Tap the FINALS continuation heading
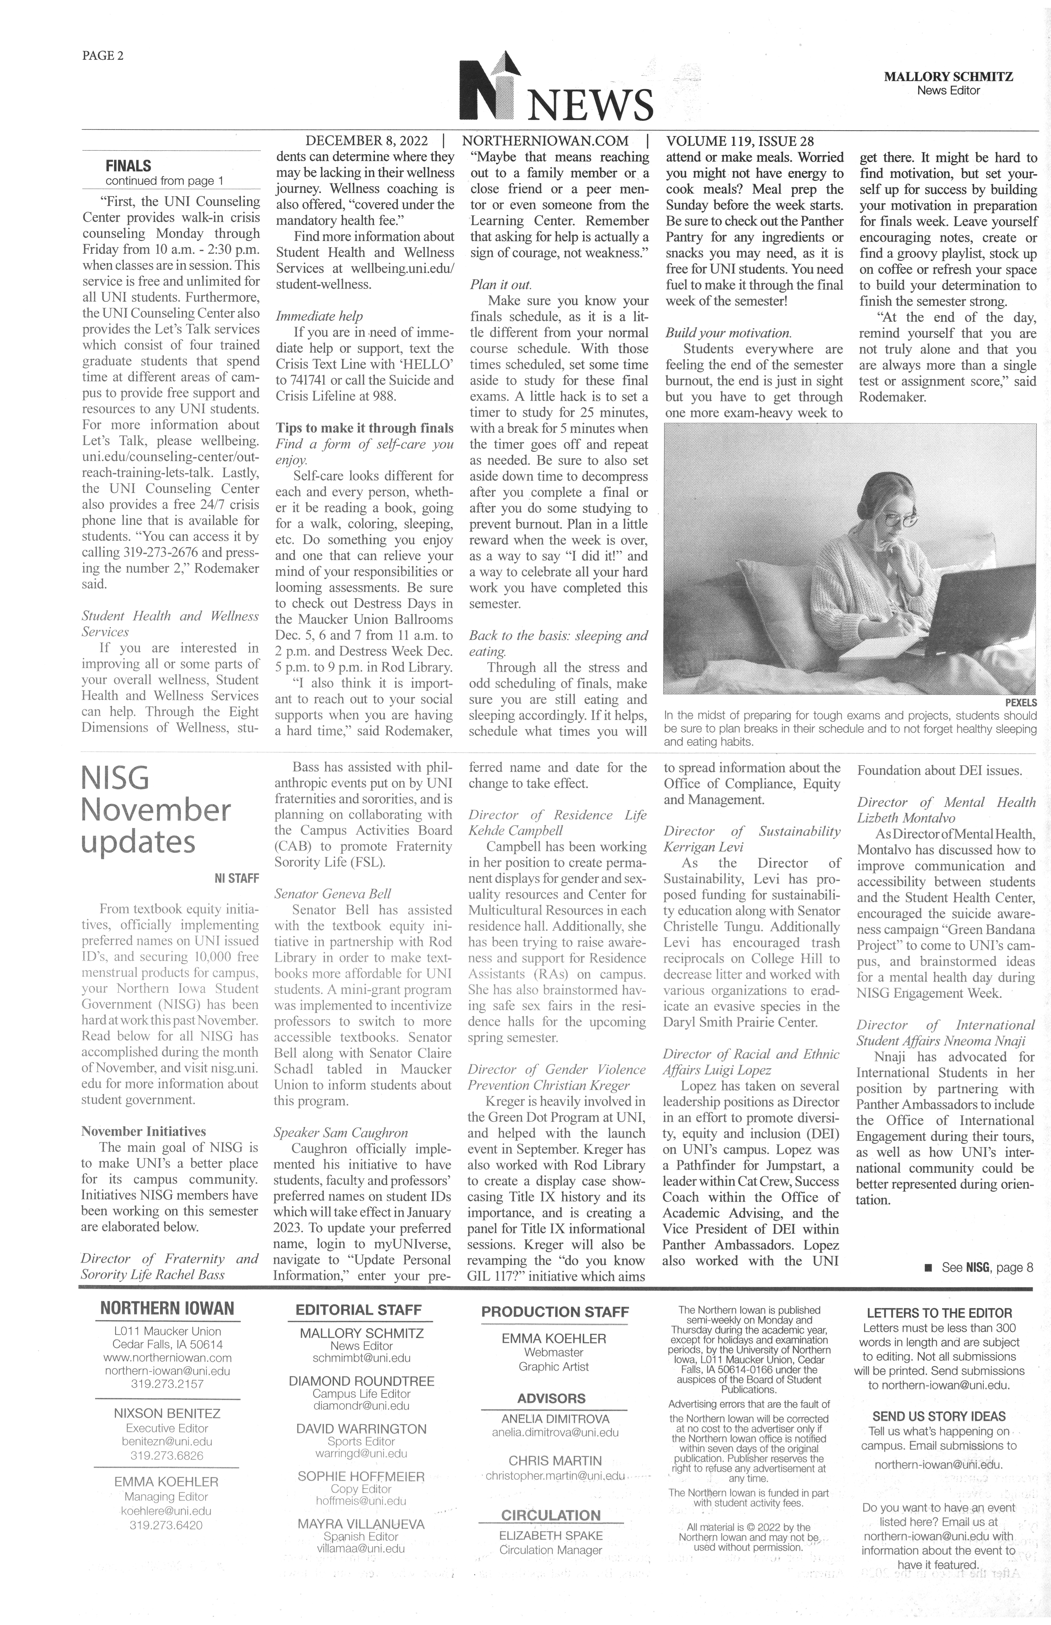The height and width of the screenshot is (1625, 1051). click(x=128, y=166)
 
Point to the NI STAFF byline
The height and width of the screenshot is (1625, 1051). click(x=236, y=878)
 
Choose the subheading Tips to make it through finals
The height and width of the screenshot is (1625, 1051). click(x=365, y=428)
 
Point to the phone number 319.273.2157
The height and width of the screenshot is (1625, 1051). click(x=167, y=1384)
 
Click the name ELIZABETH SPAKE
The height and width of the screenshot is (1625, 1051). click(x=551, y=1536)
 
